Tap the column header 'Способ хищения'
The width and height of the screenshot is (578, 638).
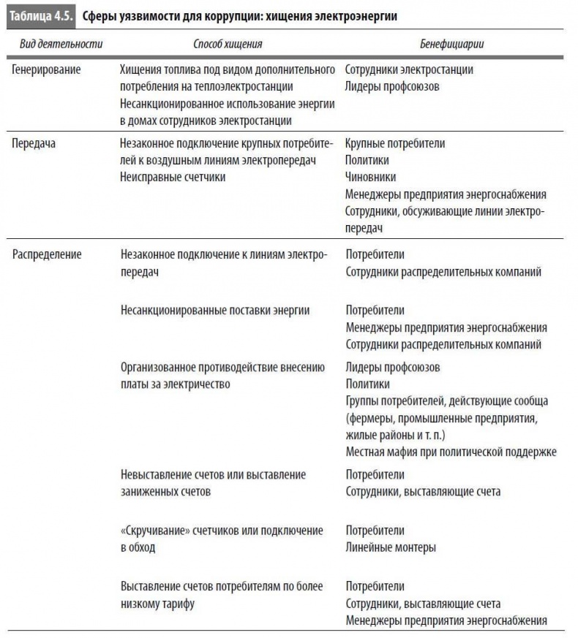click(228, 44)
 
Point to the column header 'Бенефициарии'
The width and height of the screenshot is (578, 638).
click(452, 44)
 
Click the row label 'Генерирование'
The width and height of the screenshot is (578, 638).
click(46, 70)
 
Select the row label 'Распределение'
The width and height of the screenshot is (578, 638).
click(47, 255)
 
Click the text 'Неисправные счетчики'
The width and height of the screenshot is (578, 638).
click(173, 178)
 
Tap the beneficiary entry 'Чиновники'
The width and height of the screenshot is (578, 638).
click(370, 178)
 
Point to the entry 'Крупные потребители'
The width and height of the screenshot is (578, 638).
click(395, 144)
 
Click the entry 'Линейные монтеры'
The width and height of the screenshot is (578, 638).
click(391, 547)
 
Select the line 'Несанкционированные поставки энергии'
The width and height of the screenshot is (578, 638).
click(215, 311)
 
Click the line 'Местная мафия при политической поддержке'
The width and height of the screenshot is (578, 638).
click(451, 451)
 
